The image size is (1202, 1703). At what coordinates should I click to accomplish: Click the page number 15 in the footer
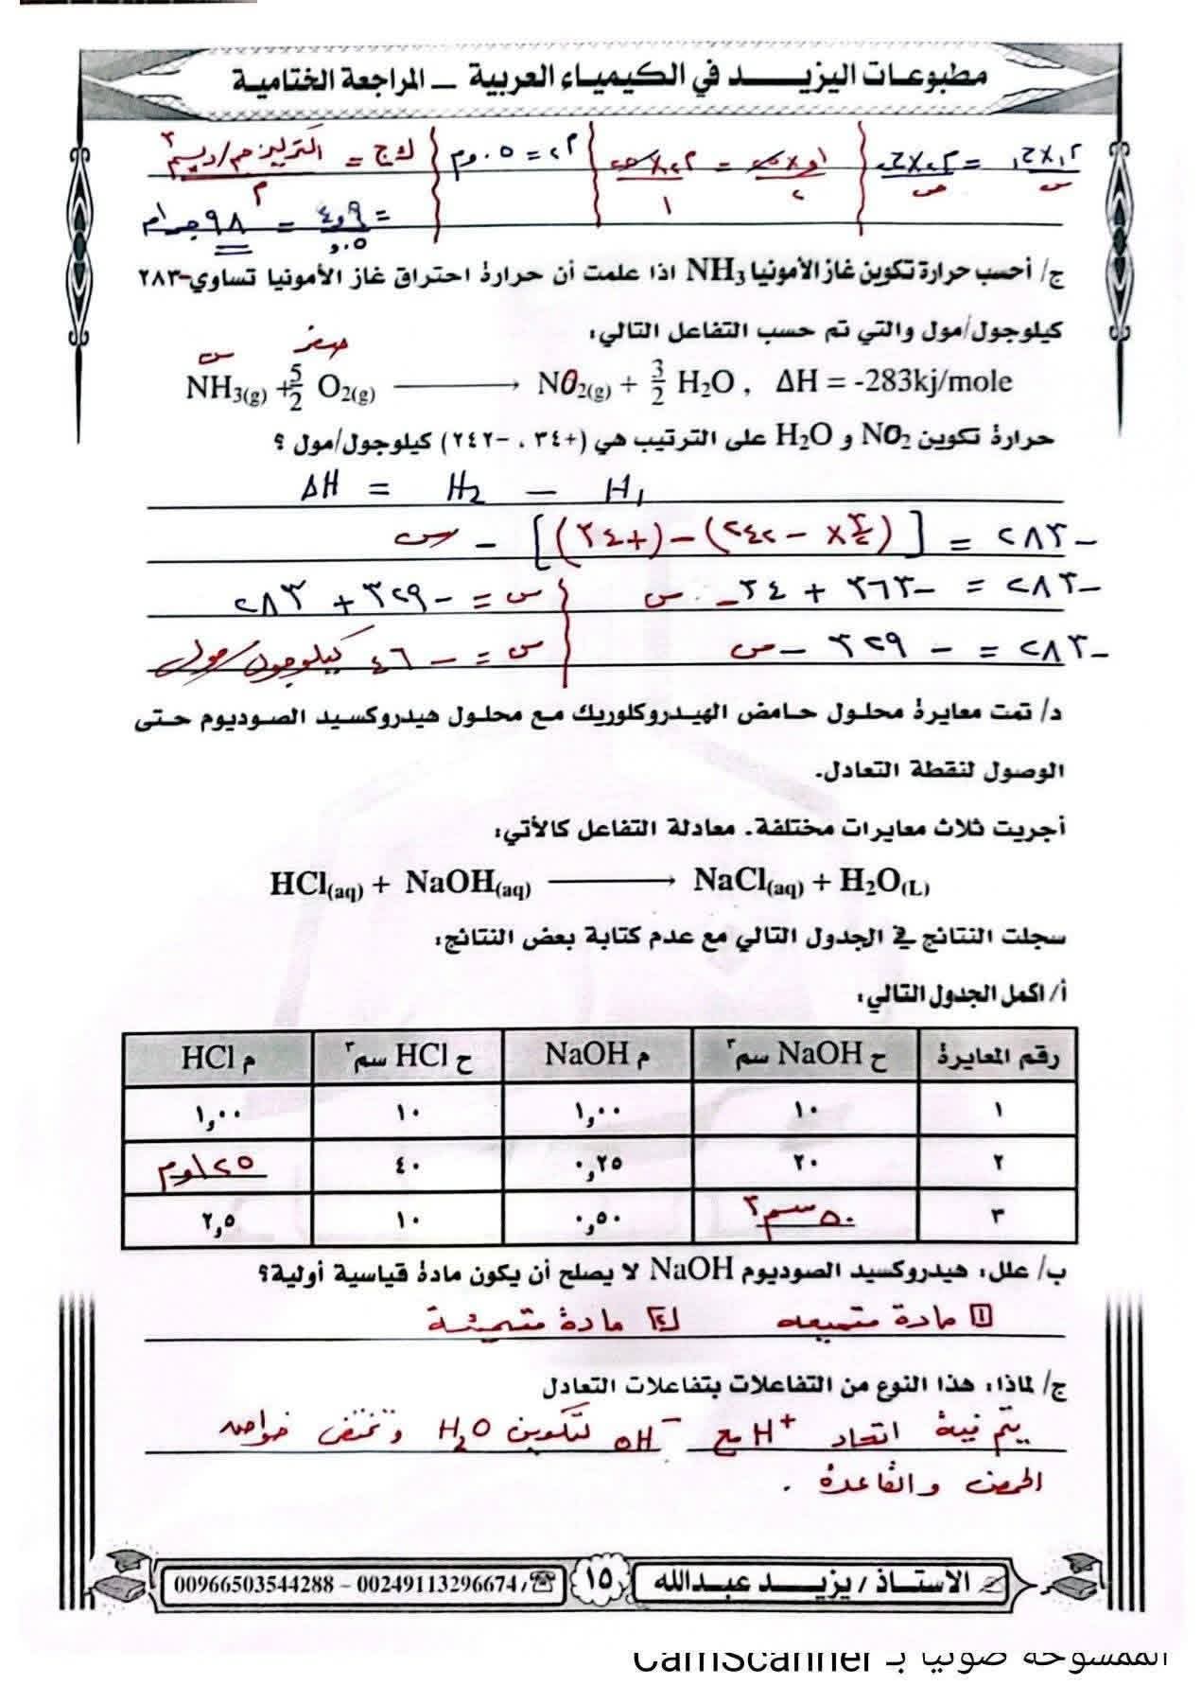click(601, 1578)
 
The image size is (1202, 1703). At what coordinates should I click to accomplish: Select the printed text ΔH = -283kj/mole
click(893, 381)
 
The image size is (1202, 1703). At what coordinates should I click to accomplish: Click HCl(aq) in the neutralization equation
click(317, 885)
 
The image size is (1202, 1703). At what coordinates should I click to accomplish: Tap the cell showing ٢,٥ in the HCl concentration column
click(218, 1220)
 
